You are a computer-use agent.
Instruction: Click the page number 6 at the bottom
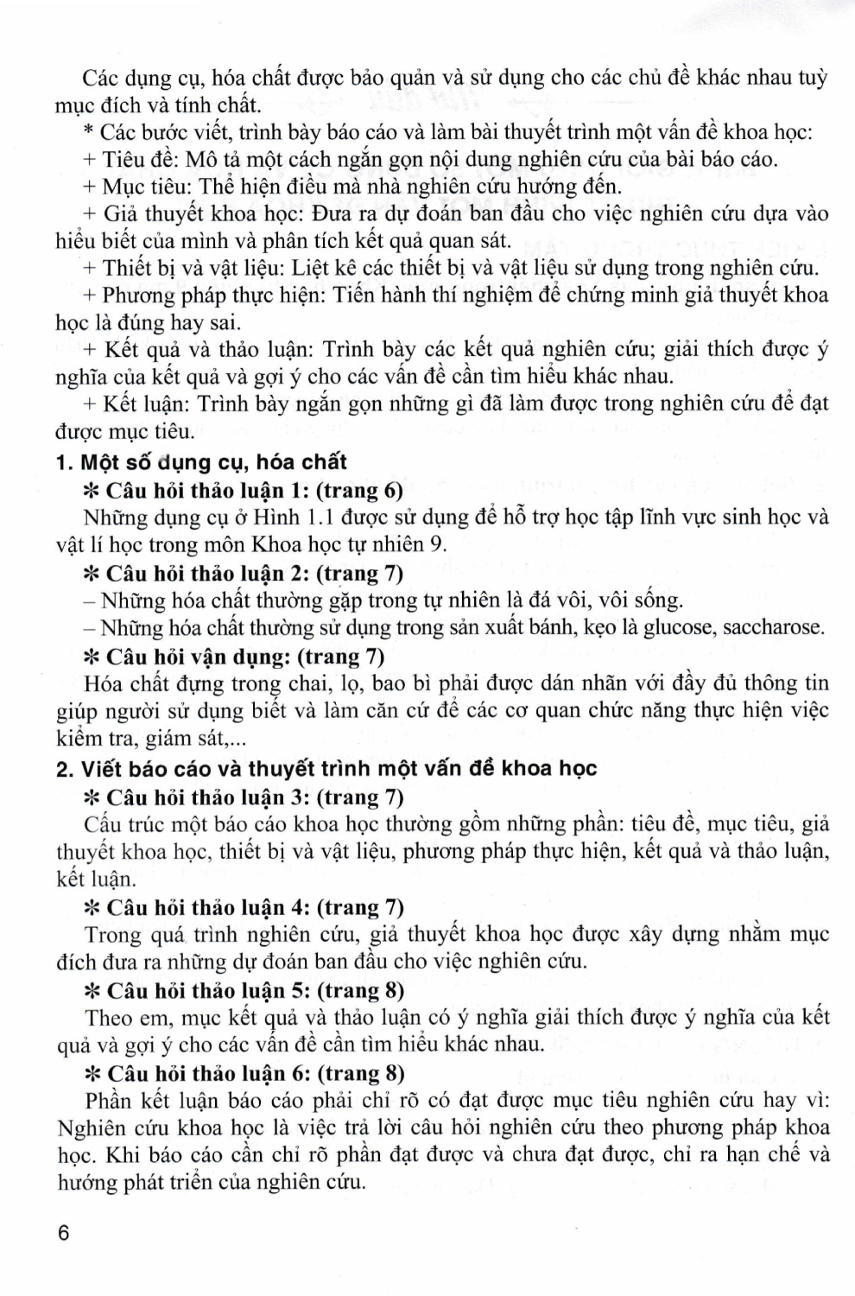pos(63,1233)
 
